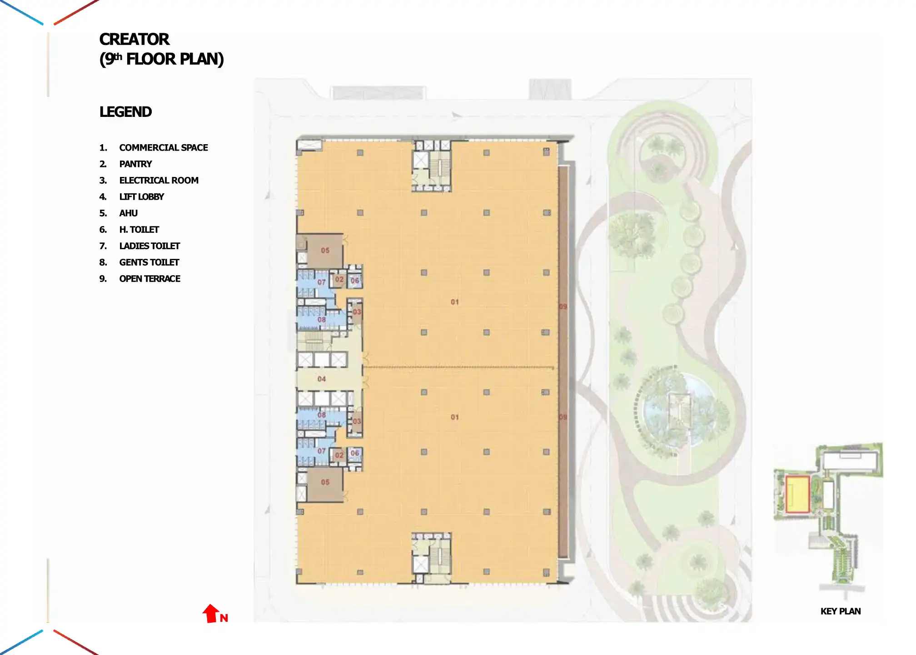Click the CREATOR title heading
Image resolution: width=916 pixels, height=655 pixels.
pos(134,40)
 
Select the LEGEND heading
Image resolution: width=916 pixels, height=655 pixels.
pos(125,112)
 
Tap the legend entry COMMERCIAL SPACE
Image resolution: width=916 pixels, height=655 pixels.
pos(163,148)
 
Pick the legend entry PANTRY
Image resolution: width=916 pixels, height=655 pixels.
pos(135,164)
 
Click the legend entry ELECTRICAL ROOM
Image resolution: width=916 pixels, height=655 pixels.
pos(159,181)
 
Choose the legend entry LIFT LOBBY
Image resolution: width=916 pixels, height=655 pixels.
pos(141,197)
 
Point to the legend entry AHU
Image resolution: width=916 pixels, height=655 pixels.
pos(128,213)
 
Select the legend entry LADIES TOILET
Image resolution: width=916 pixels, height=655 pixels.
pos(149,246)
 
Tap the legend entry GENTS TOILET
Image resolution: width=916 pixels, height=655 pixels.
pos(149,262)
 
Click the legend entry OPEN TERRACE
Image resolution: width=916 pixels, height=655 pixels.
pos(149,279)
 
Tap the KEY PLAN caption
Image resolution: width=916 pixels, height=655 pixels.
pos(840,611)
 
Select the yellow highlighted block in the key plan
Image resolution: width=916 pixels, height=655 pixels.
pos(797,494)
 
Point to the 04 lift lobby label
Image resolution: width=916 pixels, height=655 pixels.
pos(321,379)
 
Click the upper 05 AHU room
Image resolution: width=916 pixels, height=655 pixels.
pos(324,251)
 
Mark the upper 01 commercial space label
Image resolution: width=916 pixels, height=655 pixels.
pos(454,302)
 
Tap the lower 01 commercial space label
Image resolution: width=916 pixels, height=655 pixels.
pos(454,417)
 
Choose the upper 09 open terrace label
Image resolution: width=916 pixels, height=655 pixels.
pos(563,307)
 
